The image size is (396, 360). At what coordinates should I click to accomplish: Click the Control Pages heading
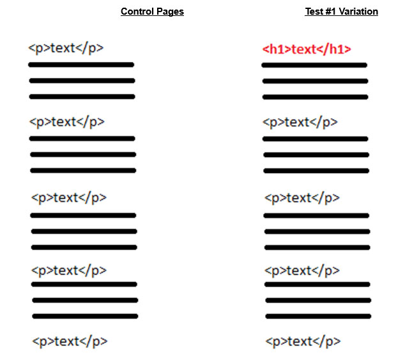pos(152,11)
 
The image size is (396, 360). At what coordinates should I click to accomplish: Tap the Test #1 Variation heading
pos(342,11)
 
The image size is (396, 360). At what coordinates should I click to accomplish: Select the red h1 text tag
pos(307,49)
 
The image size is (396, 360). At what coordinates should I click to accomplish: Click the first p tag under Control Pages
pos(66,49)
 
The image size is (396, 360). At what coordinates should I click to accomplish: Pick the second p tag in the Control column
pos(67,122)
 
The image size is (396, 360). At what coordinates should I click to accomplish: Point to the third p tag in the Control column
pos(69,198)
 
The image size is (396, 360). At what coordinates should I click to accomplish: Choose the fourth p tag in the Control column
pos(69,271)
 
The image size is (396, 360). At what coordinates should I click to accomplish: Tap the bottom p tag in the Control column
pos(70,342)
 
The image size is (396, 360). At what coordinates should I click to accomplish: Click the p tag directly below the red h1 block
pos(300,123)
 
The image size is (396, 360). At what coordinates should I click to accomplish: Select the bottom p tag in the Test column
pos(303,342)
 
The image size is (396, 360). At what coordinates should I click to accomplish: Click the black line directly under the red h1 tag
pos(314,65)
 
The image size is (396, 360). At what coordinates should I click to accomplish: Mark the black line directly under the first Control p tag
pos(81,65)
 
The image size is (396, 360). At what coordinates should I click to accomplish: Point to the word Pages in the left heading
pos(170,11)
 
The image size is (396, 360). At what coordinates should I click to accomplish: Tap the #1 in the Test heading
pos(330,11)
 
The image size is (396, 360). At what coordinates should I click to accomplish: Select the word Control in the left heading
pos(137,11)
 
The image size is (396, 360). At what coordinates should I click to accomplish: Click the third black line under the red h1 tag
pos(315,97)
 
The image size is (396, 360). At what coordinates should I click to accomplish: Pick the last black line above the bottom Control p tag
pos(85,317)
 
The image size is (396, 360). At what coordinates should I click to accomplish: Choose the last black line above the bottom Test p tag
pos(318,317)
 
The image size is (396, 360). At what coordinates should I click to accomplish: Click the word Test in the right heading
pos(314,11)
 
